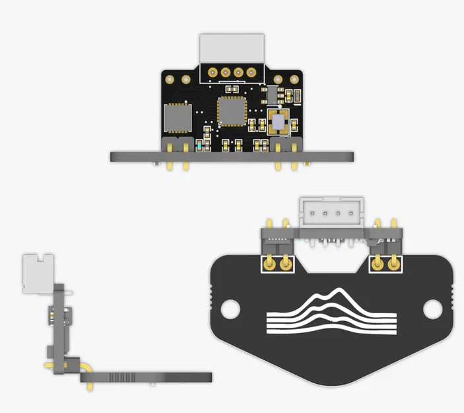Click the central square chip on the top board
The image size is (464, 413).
tap(231, 111)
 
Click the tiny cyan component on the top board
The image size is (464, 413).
tap(200, 144)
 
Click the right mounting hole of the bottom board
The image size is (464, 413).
tap(430, 307)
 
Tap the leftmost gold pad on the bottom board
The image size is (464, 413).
tap(270, 266)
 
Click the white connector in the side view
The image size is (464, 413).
tap(34, 272)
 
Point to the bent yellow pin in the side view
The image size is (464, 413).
tap(87, 364)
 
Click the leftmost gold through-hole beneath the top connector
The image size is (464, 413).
tap(212, 71)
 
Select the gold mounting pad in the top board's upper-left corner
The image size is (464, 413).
tap(170, 79)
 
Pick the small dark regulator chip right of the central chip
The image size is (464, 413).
tap(273, 96)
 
